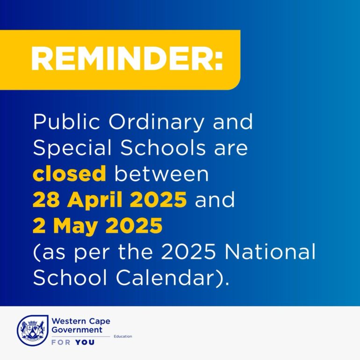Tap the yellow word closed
(x=69, y=173)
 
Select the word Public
(x=66, y=122)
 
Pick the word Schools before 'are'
(x=163, y=147)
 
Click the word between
(x=161, y=173)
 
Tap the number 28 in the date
(x=46, y=199)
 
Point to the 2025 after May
(x=134, y=225)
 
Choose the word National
(x=270, y=251)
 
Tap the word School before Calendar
(x=70, y=277)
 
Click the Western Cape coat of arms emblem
(x=32, y=330)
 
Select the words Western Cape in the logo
(x=81, y=321)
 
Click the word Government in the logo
(x=77, y=330)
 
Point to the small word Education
(x=123, y=336)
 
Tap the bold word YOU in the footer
(x=85, y=342)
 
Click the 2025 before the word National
(x=190, y=252)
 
